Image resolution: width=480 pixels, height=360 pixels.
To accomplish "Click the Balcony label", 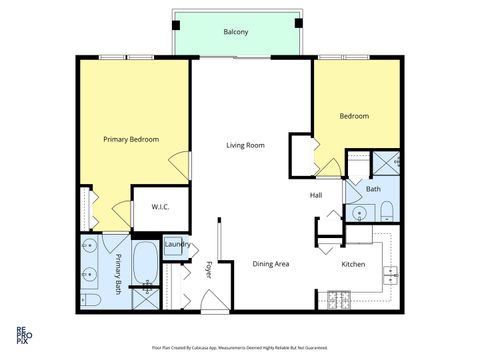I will pyautogui.click(x=236, y=32).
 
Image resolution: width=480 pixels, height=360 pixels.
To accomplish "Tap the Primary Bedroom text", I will pyautogui.click(x=131, y=139).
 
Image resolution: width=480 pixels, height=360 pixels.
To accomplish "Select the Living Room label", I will pyautogui.click(x=245, y=146).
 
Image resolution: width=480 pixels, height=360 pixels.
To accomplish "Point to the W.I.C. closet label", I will pyautogui.click(x=160, y=207).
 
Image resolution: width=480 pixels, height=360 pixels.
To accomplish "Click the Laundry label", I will pyautogui.click(x=177, y=244).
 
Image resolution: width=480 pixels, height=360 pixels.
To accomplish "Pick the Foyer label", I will pyautogui.click(x=209, y=269).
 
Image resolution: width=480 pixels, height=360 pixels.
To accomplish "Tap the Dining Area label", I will pyautogui.click(x=270, y=264).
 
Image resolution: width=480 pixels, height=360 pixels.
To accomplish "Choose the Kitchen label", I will pyautogui.click(x=354, y=265).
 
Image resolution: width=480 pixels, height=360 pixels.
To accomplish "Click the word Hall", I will pyautogui.click(x=315, y=195).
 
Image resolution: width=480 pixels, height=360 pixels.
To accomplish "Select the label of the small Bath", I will pyautogui.click(x=373, y=189).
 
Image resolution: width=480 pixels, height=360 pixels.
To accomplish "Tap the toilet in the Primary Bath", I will pyautogui.click(x=89, y=299).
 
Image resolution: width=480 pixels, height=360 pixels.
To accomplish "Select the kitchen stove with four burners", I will pyautogui.click(x=337, y=297).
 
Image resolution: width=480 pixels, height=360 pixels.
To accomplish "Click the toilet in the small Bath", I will pyautogui.click(x=385, y=211).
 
